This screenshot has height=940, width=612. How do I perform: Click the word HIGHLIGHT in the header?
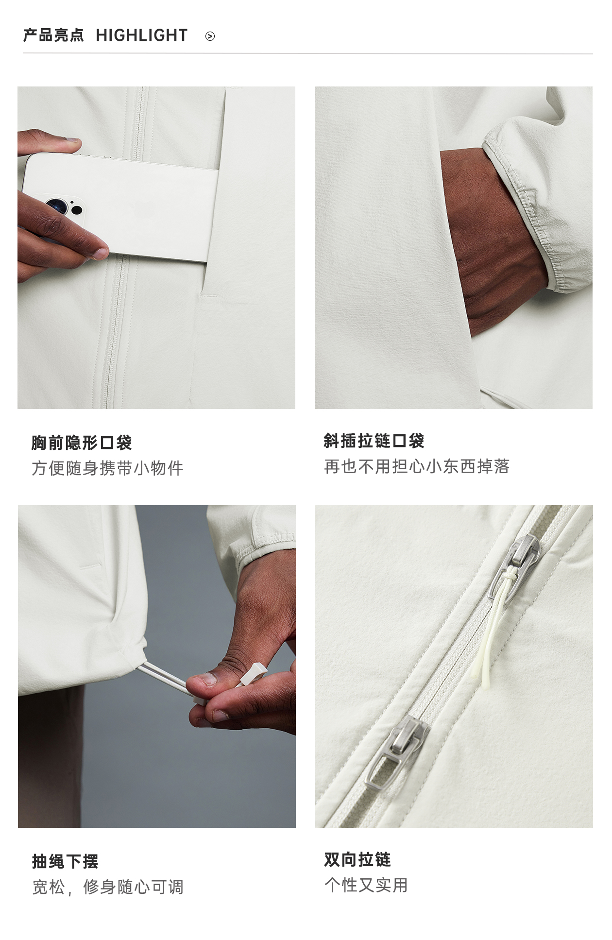coord(141,35)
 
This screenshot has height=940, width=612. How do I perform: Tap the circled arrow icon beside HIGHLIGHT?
coord(210,36)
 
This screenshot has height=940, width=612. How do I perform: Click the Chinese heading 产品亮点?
coord(53,35)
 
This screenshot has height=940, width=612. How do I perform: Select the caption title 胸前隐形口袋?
coord(82,443)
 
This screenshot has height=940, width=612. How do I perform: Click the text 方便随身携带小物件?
coord(107,468)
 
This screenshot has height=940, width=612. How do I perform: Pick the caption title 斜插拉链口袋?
coord(374,441)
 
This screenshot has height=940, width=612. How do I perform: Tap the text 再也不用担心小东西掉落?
coord(417,466)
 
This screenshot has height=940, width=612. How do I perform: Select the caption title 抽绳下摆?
coord(65,861)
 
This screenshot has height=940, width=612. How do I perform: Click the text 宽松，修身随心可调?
coord(108,887)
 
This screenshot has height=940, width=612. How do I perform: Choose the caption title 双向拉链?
coord(357,859)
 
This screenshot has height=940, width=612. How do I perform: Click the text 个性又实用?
coord(366,885)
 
